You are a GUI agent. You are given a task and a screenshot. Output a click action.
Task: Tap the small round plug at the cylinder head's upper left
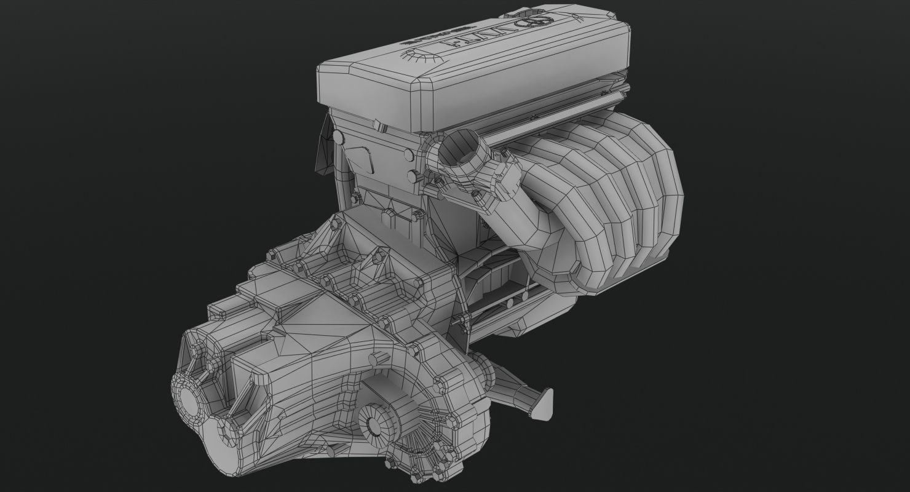tap(338, 137)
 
